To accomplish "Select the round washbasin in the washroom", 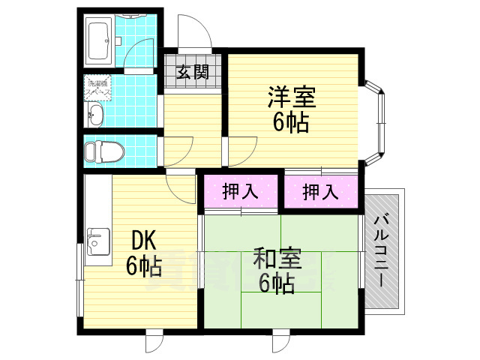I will point(95,115).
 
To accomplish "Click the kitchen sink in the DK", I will point(97,242).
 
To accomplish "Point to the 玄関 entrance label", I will point(192,72).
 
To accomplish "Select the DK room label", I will point(143,241).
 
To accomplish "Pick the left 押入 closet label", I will point(240,191).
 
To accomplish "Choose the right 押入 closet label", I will point(319,191).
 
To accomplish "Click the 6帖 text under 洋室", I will point(291,121).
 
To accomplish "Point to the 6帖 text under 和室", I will point(277,283).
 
